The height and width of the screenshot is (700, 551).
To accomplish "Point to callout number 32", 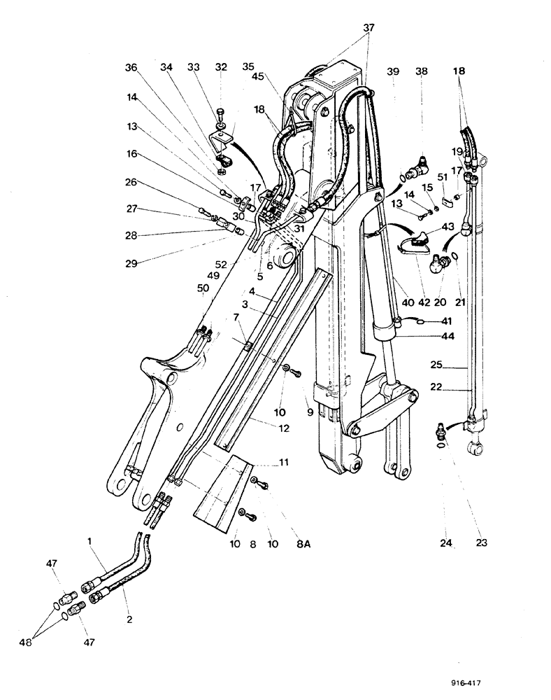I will [x=222, y=69].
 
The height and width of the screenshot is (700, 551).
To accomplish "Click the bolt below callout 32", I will [x=220, y=113].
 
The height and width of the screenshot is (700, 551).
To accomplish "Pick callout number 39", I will [x=393, y=72].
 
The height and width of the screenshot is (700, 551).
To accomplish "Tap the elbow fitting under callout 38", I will [x=422, y=167].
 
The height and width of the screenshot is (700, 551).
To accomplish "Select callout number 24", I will [x=447, y=542].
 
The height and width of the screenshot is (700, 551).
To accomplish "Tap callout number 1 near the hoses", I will [x=90, y=540].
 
